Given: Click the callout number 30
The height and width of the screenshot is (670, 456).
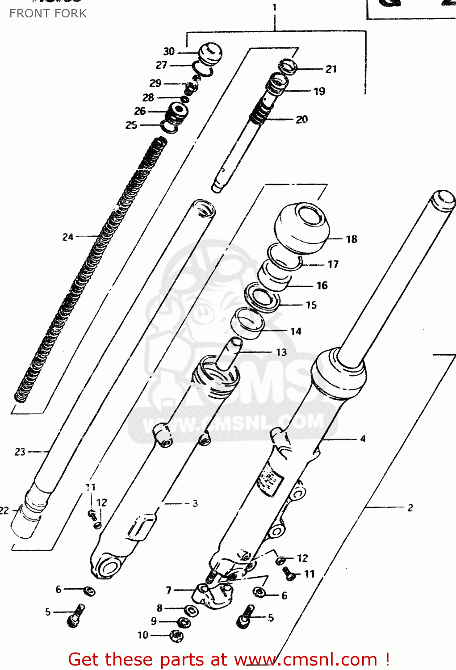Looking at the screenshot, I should click(x=169, y=51).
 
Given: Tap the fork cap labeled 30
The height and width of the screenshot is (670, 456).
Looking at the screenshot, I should click(x=210, y=52).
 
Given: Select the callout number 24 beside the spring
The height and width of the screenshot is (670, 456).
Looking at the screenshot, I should click(x=68, y=237).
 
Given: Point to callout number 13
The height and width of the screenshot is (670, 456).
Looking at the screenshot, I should click(x=281, y=352).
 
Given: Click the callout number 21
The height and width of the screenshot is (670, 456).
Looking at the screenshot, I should click(x=331, y=69).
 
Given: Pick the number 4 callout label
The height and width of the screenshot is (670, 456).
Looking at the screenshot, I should click(x=363, y=439).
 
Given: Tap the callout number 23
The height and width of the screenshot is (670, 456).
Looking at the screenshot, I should click(x=20, y=452).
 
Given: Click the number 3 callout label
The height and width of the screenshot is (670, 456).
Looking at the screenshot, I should click(x=195, y=503).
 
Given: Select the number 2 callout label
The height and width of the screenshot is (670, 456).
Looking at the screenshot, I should click(x=410, y=507).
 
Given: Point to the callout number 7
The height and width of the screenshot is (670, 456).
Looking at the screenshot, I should click(x=169, y=590).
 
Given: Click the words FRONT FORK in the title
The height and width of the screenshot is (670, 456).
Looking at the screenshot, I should click(x=48, y=13).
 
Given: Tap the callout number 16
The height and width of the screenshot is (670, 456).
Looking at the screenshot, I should click(x=322, y=285).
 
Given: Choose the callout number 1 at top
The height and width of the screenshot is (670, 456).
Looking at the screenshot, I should click(x=274, y=7).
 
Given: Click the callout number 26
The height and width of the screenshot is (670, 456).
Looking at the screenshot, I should click(x=140, y=111).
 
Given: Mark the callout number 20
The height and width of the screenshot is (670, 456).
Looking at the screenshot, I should click(x=302, y=119).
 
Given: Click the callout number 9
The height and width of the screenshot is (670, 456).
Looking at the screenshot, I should click(x=154, y=621).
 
